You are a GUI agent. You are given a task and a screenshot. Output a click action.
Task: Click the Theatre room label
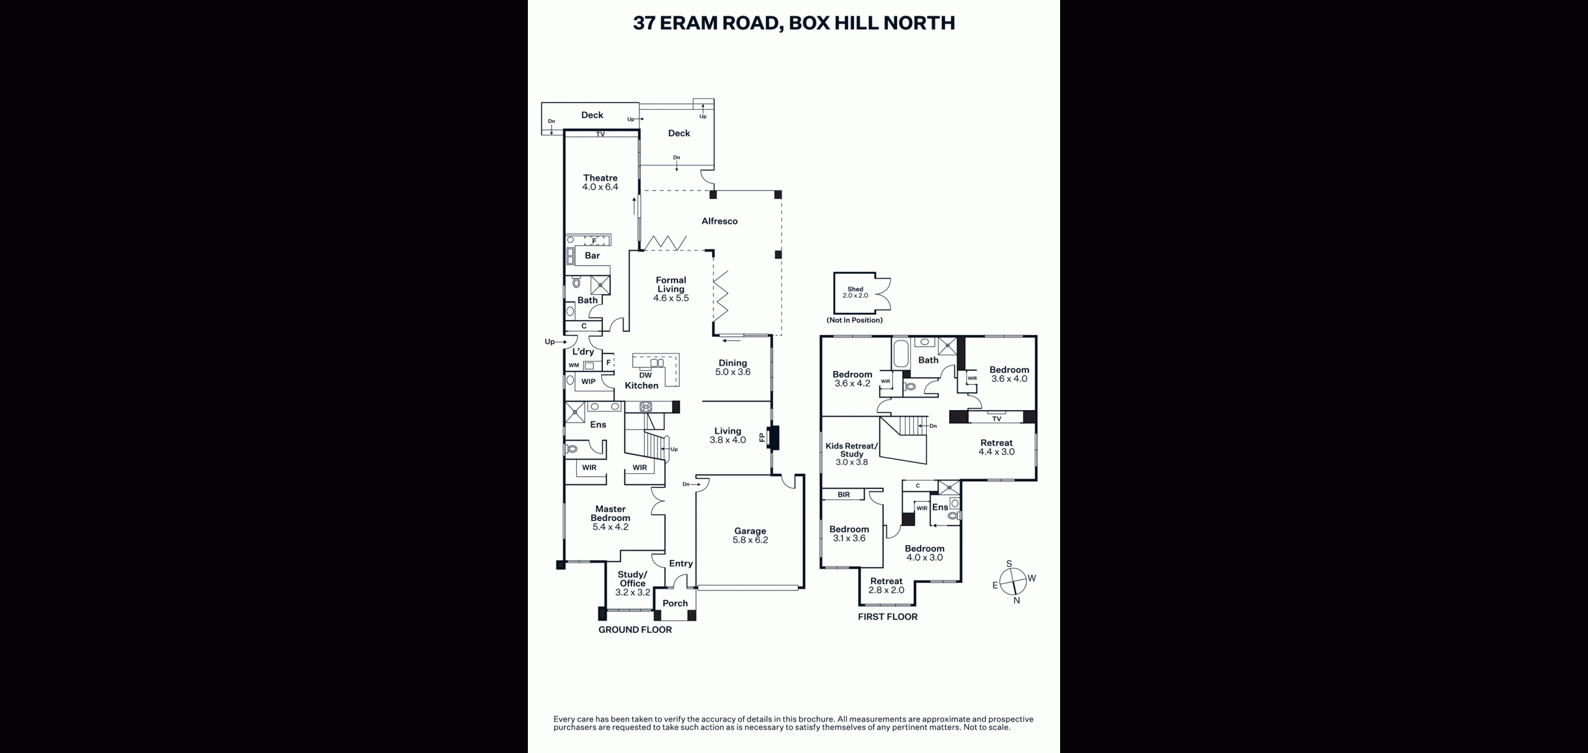(600, 182)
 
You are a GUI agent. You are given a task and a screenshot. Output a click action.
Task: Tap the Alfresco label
(720, 221)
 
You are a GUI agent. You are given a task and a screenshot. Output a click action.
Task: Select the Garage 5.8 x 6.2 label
(750, 535)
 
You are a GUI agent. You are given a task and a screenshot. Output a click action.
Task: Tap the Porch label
(675, 603)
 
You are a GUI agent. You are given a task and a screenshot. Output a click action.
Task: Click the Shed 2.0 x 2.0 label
(855, 292)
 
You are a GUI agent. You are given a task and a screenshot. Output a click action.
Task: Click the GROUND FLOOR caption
(635, 630)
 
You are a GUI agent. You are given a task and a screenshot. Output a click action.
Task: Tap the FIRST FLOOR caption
(888, 617)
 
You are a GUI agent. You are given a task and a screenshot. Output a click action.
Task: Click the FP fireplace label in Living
(762, 438)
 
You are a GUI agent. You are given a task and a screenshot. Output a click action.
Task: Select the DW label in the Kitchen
(645, 375)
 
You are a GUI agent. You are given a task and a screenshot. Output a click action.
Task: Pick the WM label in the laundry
(574, 365)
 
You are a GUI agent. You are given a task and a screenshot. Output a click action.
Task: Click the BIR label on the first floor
(844, 495)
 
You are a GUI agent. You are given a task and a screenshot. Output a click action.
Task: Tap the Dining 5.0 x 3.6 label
(733, 368)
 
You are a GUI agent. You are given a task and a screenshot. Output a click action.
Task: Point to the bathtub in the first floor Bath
(901, 354)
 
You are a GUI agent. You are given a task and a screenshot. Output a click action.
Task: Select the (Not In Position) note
(855, 320)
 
